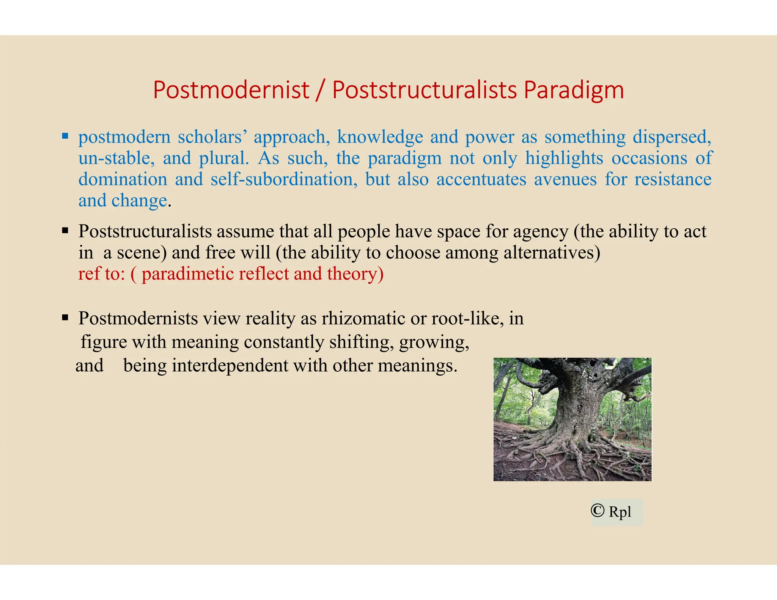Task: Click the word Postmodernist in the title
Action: [231, 90]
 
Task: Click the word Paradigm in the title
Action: [574, 90]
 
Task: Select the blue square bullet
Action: [65, 136]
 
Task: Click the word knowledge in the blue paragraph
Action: [380, 137]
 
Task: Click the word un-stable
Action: [116, 158]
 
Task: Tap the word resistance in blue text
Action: [673, 179]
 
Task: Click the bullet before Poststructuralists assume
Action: [65, 230]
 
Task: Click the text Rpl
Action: [620, 512]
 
